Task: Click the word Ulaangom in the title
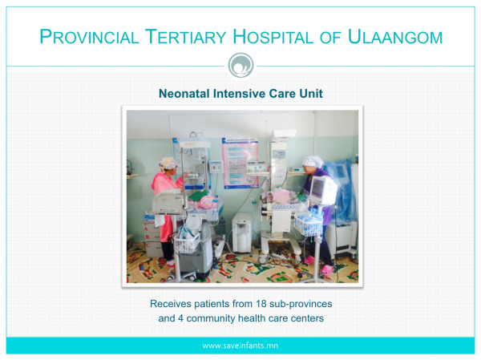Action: [x=395, y=37]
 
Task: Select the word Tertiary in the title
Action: [x=185, y=37]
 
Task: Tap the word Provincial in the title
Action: [x=89, y=37]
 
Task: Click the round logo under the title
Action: [x=240, y=66]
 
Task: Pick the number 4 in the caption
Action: [x=180, y=318]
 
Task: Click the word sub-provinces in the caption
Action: [x=301, y=304]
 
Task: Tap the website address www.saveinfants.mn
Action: [x=240, y=346]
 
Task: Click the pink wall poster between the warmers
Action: [x=240, y=162]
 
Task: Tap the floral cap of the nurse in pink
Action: [x=168, y=163]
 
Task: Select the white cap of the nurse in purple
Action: [x=313, y=161]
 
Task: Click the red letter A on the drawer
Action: [x=146, y=229]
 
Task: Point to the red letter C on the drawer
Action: [x=148, y=245]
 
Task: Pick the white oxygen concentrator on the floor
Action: [x=242, y=233]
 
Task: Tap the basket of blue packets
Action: [x=309, y=223]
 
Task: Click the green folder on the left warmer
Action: [x=199, y=195]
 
